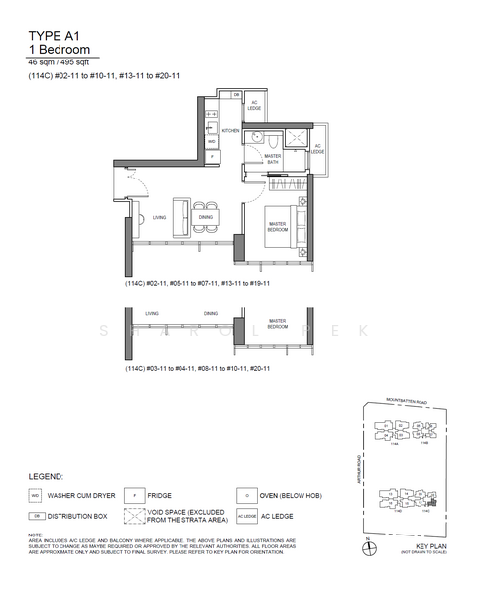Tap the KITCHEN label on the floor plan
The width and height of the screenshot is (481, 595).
[x=231, y=131]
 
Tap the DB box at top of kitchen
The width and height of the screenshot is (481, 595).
[x=237, y=94]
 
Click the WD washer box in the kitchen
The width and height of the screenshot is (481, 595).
[x=211, y=141]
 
